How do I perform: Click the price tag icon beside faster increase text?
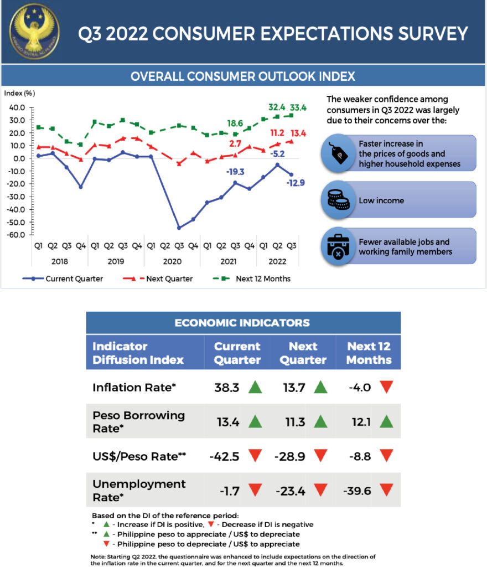coord(338,153)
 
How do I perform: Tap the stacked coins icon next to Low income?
coord(338,200)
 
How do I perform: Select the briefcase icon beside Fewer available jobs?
coord(338,247)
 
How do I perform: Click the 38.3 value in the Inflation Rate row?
coord(227,387)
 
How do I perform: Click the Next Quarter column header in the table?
coord(303,353)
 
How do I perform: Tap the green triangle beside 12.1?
coord(386,421)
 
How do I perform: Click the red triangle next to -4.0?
coord(386,387)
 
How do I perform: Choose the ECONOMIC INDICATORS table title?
coord(242,322)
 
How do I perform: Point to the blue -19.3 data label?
coord(236,172)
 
